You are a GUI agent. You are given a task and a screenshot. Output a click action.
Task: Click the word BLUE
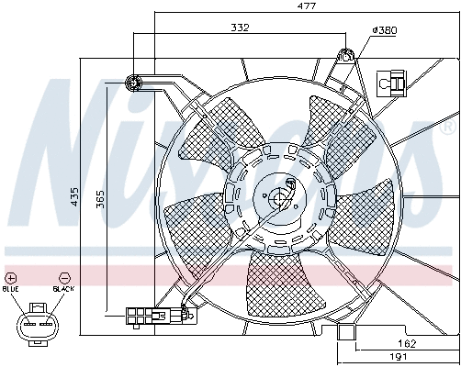tap(11, 288)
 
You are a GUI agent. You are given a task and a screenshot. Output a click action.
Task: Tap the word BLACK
tap(63, 288)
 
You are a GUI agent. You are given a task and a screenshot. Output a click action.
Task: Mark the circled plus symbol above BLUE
tap(11, 276)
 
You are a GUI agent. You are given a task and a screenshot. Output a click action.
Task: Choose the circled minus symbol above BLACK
tap(63, 276)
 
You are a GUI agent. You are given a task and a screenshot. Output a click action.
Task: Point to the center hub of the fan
tap(278, 196)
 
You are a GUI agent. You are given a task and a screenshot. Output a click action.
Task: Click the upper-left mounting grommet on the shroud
tap(134, 83)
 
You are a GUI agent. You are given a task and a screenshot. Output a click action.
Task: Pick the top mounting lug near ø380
tap(346, 56)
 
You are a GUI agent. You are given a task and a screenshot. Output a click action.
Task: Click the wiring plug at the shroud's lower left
tap(143, 316)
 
